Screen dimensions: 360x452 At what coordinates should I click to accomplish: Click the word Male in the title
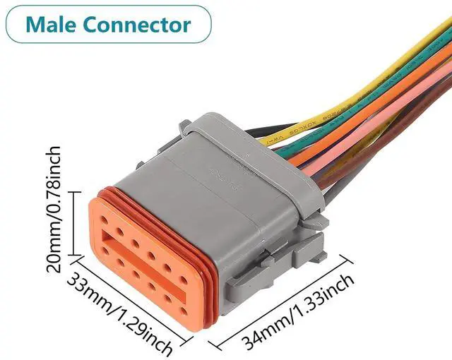(52, 25)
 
